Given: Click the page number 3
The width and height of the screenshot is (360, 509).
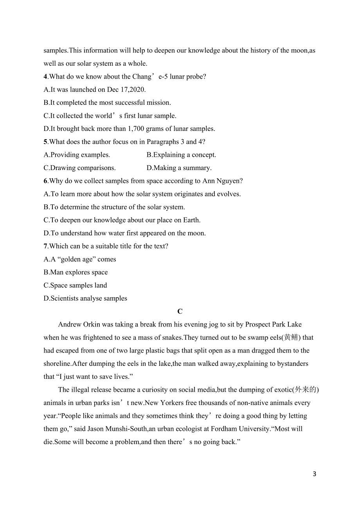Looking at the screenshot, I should (x=315, y=474).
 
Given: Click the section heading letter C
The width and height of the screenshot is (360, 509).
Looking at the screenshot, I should (x=180, y=312).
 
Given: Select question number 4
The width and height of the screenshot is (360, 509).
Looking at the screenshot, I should (x=45, y=77).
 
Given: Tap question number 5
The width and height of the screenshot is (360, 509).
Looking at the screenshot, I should (x=45, y=142).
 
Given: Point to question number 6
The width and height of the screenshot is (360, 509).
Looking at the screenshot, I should (x=45, y=181).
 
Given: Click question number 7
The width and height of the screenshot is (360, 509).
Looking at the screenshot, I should (x=45, y=246).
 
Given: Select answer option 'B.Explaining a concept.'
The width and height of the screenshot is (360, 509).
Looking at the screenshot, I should (x=181, y=155).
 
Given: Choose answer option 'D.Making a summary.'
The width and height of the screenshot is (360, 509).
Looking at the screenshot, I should (x=179, y=168).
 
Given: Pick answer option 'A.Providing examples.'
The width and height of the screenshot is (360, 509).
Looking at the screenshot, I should (x=77, y=155).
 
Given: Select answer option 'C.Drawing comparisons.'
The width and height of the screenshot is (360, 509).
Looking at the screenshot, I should (x=79, y=168).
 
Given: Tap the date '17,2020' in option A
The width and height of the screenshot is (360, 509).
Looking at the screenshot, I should (x=133, y=90).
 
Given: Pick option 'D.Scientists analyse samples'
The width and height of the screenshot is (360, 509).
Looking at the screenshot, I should (x=85, y=298).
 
